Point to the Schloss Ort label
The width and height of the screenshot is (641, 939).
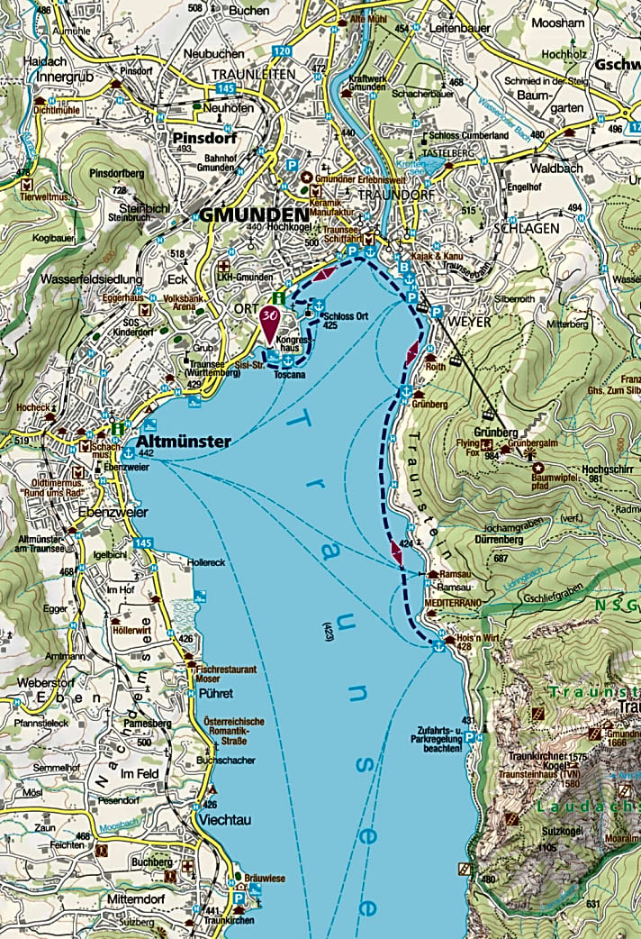[x=346, y=315]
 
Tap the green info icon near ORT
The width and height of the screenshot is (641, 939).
[x=280, y=298]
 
